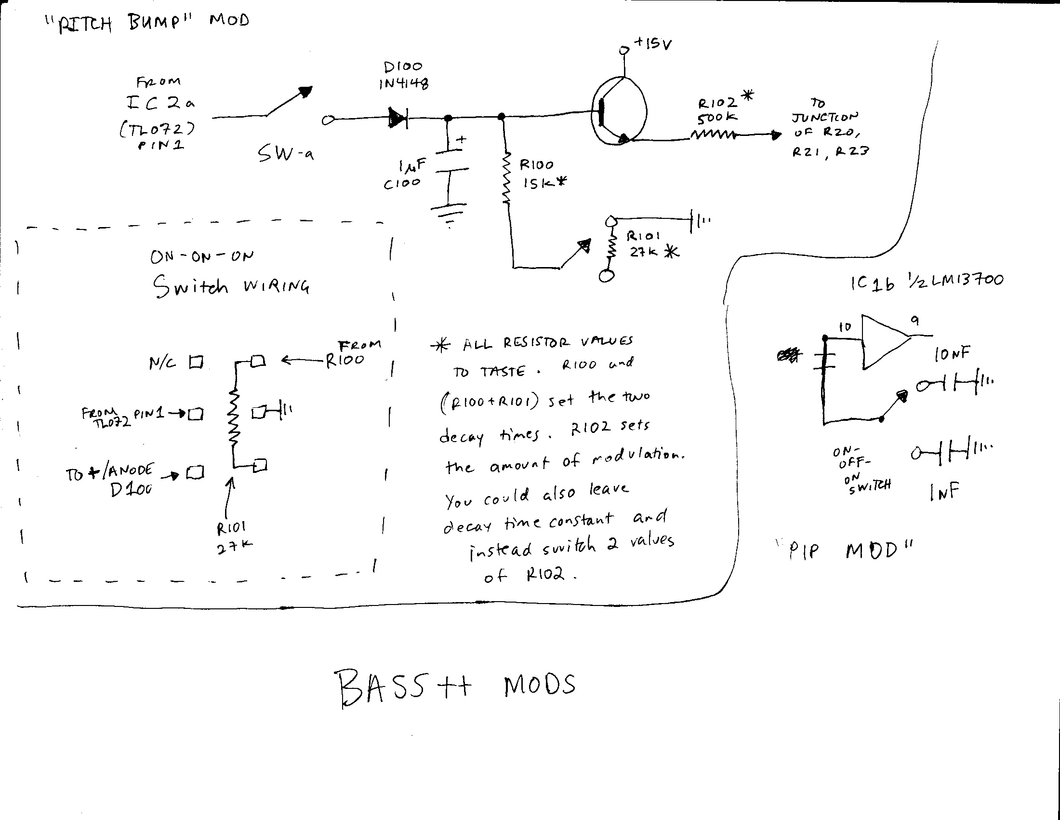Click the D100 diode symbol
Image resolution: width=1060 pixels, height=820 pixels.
(x=398, y=118)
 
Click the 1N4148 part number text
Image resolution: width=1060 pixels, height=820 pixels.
(x=404, y=84)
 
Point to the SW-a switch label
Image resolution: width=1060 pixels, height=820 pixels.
(x=285, y=154)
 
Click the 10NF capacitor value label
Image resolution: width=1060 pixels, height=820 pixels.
(x=952, y=354)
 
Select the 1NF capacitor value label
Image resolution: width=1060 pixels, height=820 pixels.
(x=944, y=492)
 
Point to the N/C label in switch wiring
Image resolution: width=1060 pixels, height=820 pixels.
(x=162, y=363)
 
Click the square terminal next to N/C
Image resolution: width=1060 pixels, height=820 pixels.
(x=196, y=362)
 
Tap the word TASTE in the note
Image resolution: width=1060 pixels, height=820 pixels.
(x=503, y=372)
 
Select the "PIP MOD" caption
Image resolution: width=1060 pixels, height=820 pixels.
(x=849, y=551)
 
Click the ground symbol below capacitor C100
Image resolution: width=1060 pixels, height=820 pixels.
(x=449, y=214)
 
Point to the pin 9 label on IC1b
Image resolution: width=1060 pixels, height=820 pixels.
(x=915, y=321)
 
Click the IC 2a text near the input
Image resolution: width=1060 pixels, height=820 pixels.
(x=160, y=104)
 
